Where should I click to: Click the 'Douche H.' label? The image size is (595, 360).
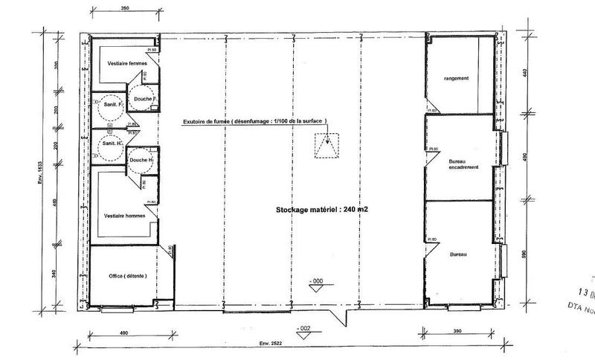point(141,160)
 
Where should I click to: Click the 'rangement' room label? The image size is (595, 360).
point(455,78)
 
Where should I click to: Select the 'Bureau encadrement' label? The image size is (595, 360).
point(463,164)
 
